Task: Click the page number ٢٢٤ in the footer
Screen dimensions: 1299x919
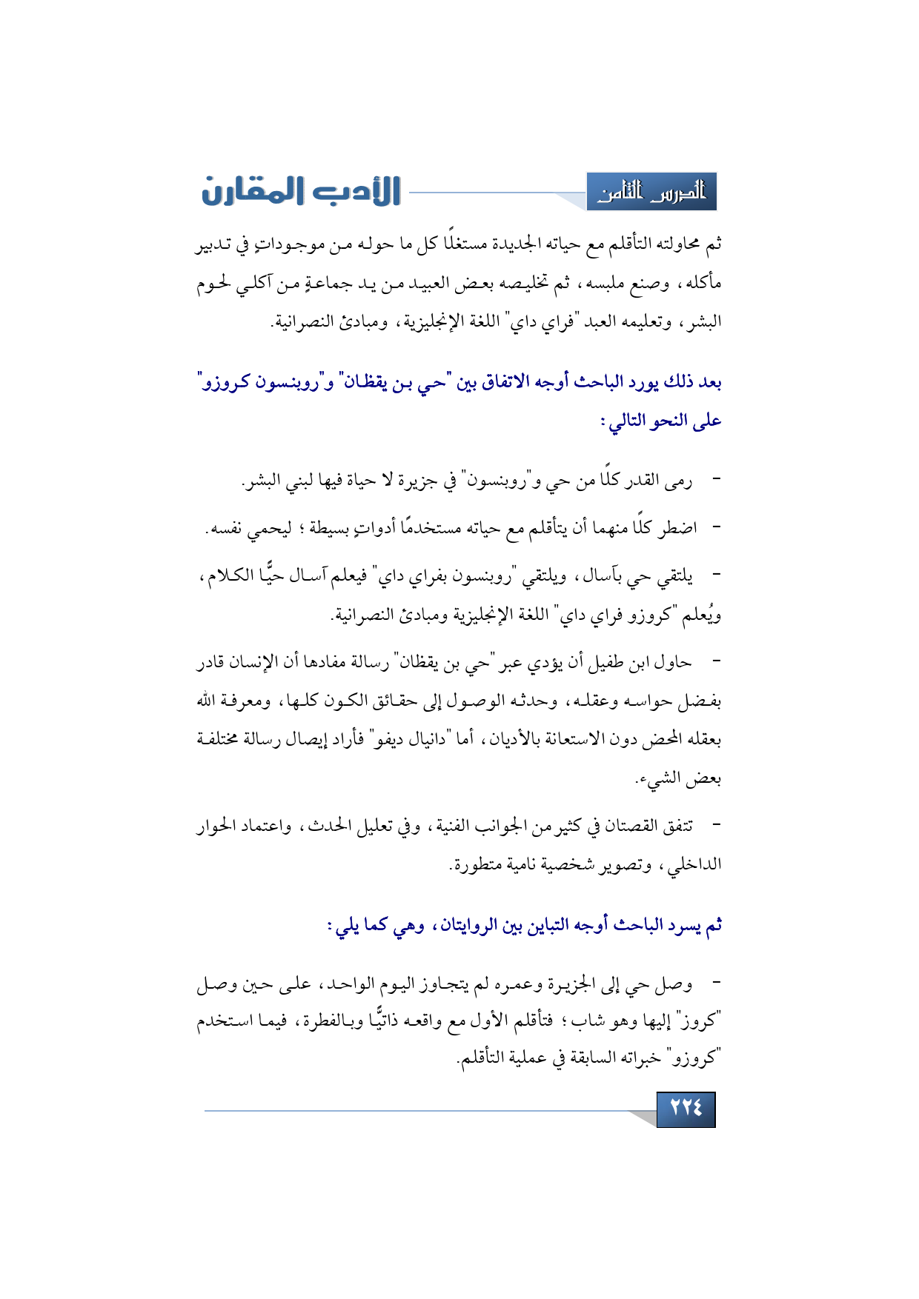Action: pyautogui.click(x=686, y=1109)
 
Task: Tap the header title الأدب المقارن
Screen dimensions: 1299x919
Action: pyautogui.click(x=301, y=191)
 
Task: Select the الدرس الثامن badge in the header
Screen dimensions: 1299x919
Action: pyautogui.click(x=651, y=193)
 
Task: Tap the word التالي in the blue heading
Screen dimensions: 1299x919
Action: pyautogui.click(x=627, y=421)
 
